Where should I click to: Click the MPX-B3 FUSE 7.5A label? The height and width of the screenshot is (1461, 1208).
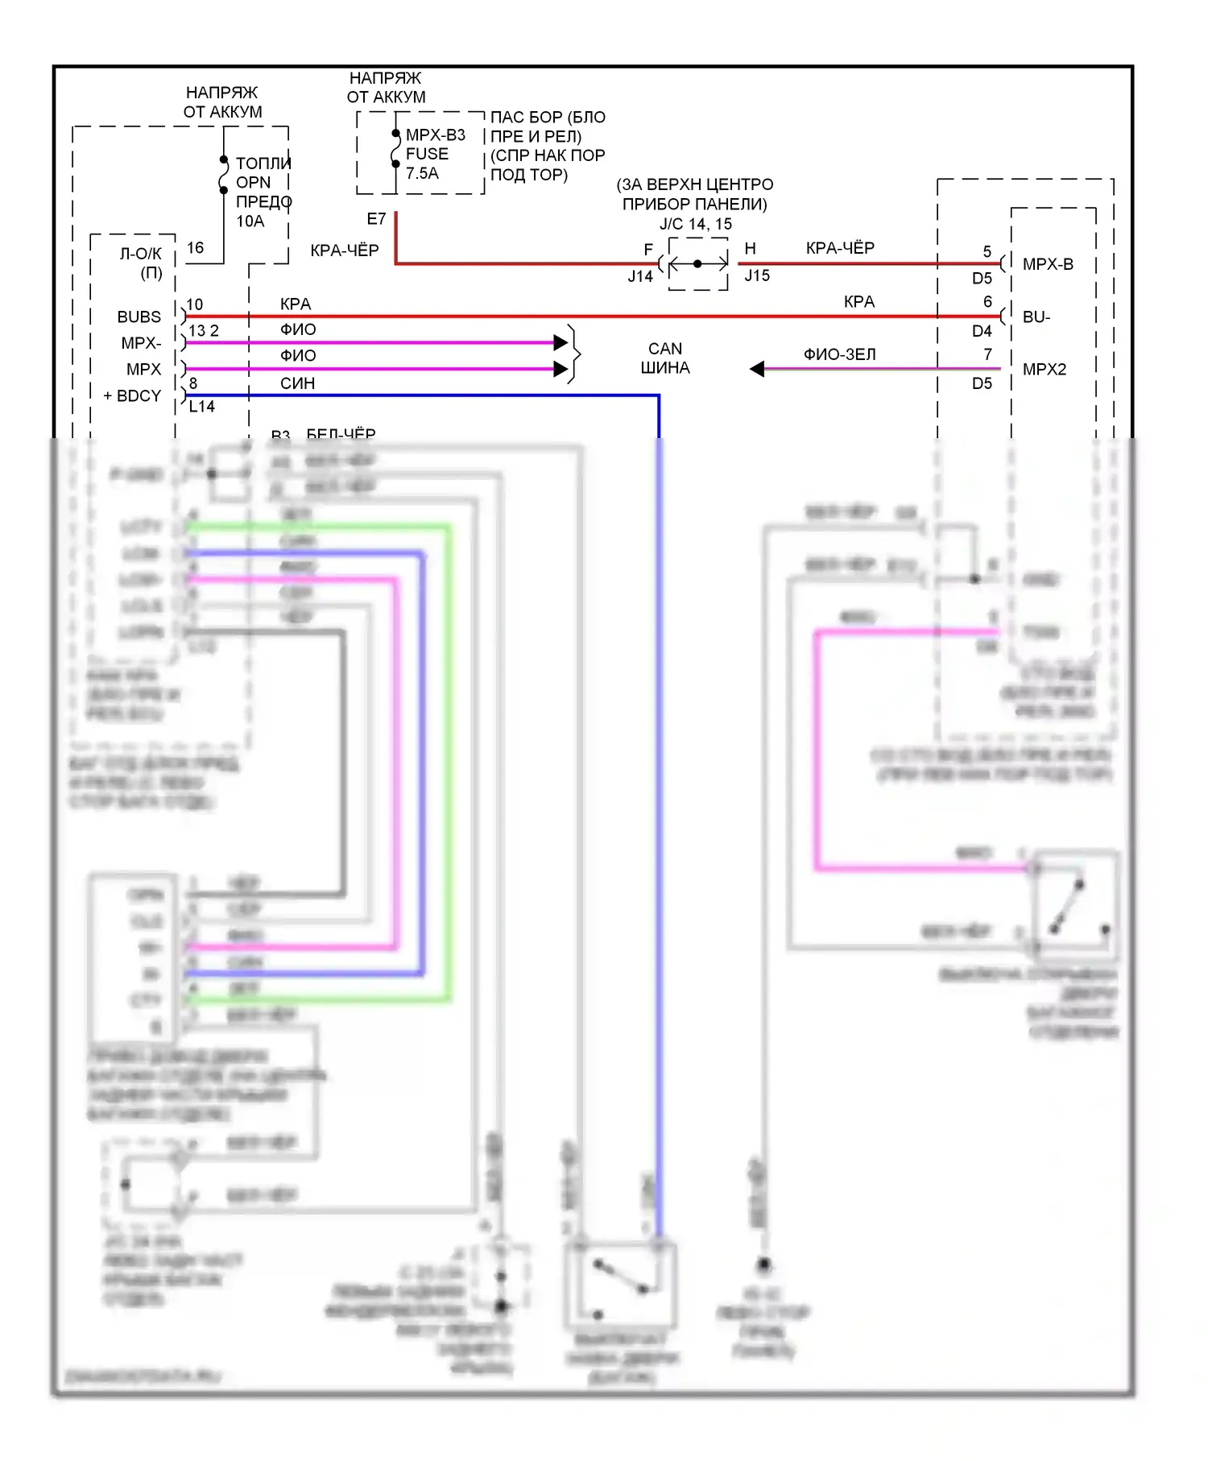click(x=435, y=154)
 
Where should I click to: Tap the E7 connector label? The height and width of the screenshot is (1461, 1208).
click(x=376, y=219)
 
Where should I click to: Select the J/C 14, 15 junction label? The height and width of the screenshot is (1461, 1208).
click(x=696, y=224)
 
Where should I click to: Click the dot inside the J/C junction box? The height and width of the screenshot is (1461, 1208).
click(x=697, y=263)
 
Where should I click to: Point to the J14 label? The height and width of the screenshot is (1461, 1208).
click(x=640, y=276)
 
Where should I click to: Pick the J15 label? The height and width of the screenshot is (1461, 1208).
click(x=757, y=275)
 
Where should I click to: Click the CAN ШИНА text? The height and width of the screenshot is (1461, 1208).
click(x=665, y=358)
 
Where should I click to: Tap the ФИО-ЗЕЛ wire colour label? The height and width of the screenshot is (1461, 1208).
click(x=839, y=354)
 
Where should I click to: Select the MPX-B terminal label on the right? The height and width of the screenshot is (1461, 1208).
click(x=1048, y=264)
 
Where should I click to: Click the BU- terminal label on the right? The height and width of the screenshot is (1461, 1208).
click(x=1036, y=317)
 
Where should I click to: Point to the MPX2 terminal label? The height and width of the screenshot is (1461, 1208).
click(x=1045, y=370)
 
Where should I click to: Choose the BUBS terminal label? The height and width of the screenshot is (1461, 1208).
click(x=139, y=317)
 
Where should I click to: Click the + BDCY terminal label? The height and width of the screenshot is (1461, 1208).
click(x=133, y=396)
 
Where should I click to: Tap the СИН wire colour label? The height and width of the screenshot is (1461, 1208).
click(x=297, y=383)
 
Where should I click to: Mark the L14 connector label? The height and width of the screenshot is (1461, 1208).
click(x=202, y=407)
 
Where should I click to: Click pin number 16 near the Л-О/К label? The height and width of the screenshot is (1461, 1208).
click(x=195, y=248)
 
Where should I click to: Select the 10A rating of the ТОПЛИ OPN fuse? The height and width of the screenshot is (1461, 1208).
click(x=250, y=221)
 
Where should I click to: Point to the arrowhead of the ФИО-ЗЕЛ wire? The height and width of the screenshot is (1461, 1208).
click(x=757, y=369)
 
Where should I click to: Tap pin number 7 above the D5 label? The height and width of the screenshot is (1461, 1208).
click(x=987, y=354)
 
